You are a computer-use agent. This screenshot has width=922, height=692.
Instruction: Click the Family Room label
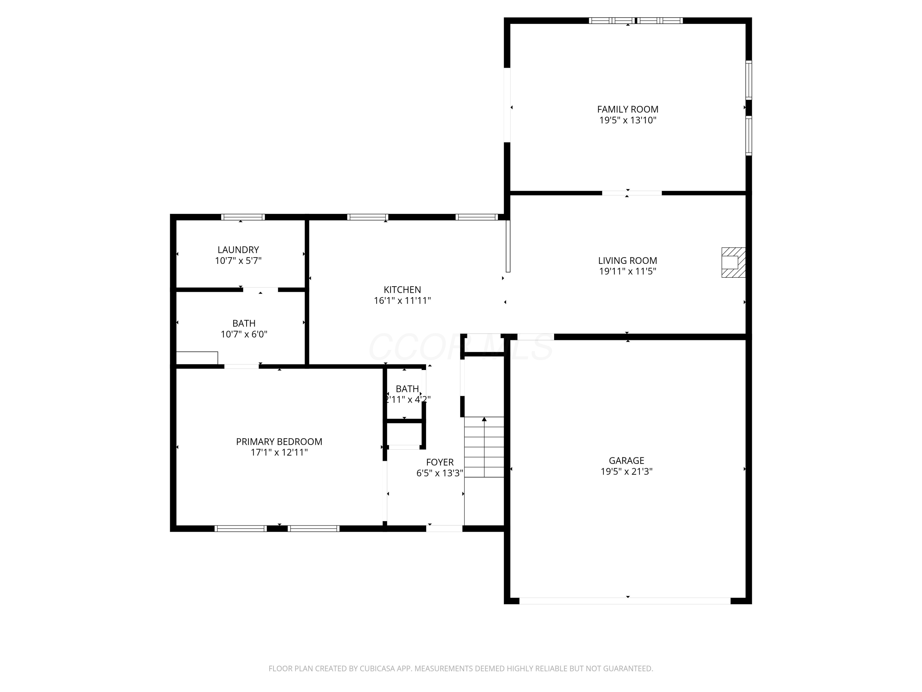[628, 109]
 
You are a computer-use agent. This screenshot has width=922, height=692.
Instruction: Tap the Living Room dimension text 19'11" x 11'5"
[628, 272]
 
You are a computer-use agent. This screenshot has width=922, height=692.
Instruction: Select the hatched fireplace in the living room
[734, 262]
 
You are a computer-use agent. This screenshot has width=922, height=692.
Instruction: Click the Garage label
[626, 460]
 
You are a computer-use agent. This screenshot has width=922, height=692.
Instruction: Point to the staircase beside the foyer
[484, 447]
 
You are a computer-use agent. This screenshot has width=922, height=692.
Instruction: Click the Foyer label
[440, 462]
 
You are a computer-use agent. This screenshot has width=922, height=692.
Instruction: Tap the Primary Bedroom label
[279, 442]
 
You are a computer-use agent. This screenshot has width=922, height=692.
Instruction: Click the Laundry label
[238, 250]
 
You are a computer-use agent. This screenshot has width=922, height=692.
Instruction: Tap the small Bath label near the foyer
[407, 389]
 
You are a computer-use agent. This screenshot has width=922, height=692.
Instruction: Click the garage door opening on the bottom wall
[625, 601]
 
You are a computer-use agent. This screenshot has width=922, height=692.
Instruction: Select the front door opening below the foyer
[444, 528]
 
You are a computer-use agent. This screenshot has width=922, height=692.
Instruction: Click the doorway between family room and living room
[632, 193]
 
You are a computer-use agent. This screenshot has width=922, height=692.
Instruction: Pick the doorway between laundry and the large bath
[261, 289]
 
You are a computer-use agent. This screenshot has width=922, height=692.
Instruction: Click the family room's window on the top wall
[636, 20]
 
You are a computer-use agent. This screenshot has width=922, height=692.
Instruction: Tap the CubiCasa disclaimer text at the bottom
[461, 669]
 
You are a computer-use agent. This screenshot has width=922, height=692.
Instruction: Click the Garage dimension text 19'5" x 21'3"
[626, 472]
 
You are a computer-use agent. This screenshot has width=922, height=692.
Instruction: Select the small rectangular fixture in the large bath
[197, 358]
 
